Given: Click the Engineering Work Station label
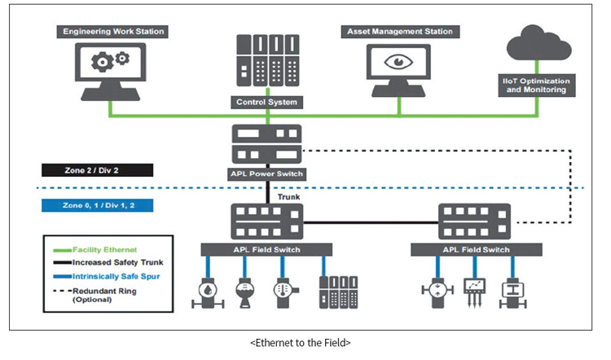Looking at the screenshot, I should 113,32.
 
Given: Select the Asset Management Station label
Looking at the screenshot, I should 399,32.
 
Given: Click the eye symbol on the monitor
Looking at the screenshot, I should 399,63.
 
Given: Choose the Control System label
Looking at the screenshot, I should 266,103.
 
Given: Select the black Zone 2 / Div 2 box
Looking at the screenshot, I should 96,170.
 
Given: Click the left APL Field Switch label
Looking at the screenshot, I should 266,249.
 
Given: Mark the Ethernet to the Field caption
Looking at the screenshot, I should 302,342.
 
